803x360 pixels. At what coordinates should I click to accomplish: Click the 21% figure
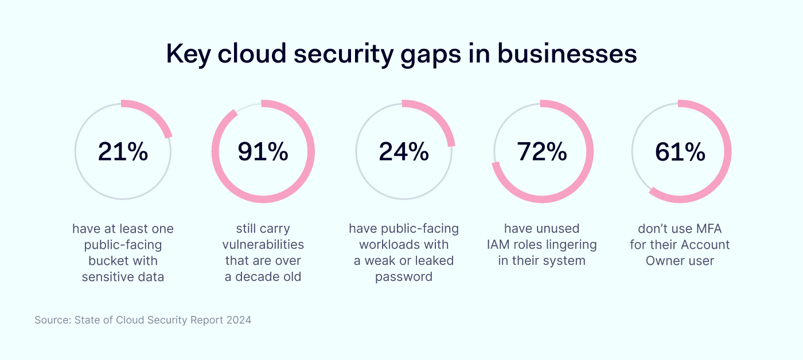pos(123,151)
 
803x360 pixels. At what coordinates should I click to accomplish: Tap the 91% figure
pos(263,151)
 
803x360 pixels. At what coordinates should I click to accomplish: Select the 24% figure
pos(404,151)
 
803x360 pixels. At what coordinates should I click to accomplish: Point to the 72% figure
pos(542,151)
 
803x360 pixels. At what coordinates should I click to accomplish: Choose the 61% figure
pos(680,151)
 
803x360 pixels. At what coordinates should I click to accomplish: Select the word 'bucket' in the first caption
pos(107,261)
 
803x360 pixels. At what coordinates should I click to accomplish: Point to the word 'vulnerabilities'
pos(263,245)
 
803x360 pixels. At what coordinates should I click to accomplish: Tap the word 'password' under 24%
pos(404,277)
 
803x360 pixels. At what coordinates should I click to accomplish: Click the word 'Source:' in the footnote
pos(53,320)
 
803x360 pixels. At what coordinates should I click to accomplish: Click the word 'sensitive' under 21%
pos(107,277)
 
